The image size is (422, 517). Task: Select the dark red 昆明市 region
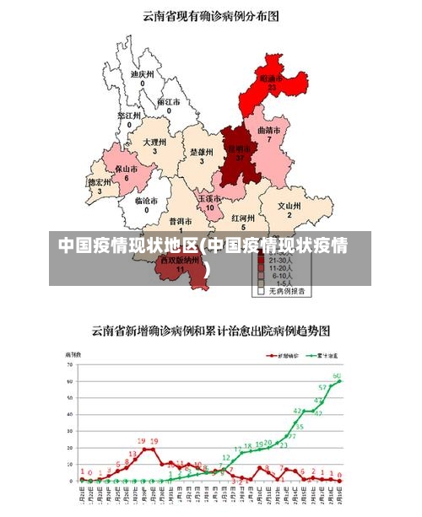click(x=239, y=155)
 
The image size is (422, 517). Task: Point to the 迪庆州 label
click(x=142, y=74)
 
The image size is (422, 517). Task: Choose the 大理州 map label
click(x=154, y=143)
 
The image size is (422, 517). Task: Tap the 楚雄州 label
click(x=201, y=152)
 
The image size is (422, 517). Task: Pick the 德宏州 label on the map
click(x=100, y=182)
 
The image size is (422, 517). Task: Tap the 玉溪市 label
click(x=210, y=199)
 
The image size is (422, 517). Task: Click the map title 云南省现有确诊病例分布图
click(x=210, y=15)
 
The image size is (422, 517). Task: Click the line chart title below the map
click(x=210, y=330)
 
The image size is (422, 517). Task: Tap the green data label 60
click(x=337, y=375)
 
